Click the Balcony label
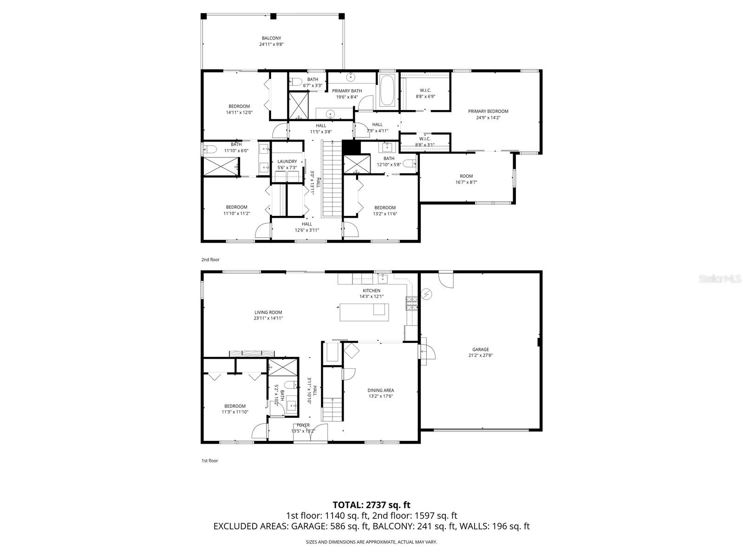[271, 38]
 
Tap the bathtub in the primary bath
[387, 91]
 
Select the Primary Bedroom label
[488, 111]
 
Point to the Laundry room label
[287, 162]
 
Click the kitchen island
[364, 311]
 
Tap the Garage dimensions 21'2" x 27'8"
[481, 356]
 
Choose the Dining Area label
[381, 390]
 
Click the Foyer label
[303, 425]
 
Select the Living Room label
[268, 312]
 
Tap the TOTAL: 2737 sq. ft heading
[371, 505]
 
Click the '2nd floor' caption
[210, 259]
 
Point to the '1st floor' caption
[209, 461]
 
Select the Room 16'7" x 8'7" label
[466, 176]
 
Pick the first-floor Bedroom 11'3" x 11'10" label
[235, 406]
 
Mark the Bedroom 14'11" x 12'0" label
[239, 106]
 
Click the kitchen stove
[412, 303]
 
